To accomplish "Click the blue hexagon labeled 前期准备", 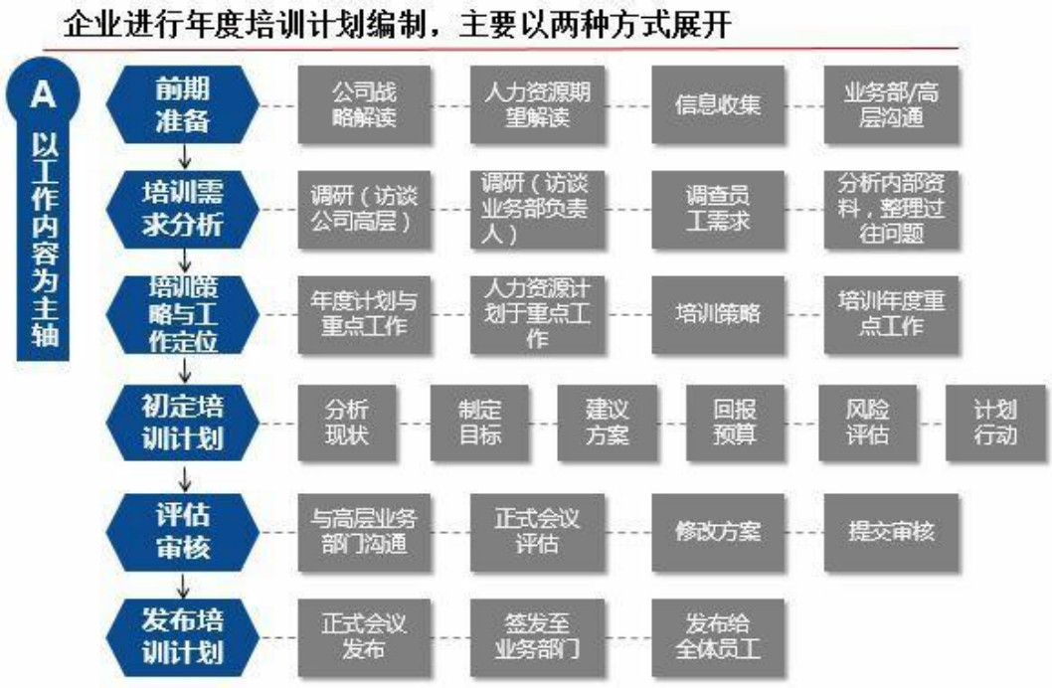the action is [183, 105].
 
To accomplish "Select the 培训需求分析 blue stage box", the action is [183, 209].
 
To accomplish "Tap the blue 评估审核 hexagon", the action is [183, 533].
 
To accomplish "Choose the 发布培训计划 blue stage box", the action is [183, 637].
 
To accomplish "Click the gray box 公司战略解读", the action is [364, 104].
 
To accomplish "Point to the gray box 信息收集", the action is [718, 104].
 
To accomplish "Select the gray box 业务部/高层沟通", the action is [891, 104].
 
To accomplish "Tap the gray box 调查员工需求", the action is [718, 209].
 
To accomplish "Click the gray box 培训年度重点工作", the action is [891, 314].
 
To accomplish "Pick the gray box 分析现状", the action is [347, 424].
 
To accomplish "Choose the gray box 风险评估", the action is [867, 424].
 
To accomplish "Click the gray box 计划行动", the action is [995, 424].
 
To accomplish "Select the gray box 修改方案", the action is [718, 533].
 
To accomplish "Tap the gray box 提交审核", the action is [891, 533].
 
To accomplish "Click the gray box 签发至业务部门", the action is [537, 637].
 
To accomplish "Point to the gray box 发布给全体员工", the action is [718, 637].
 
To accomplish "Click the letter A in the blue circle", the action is [43, 93].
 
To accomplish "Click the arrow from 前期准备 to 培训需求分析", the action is [184, 157].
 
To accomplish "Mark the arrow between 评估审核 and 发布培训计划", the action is [184, 585].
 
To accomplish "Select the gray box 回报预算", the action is [736, 424].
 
